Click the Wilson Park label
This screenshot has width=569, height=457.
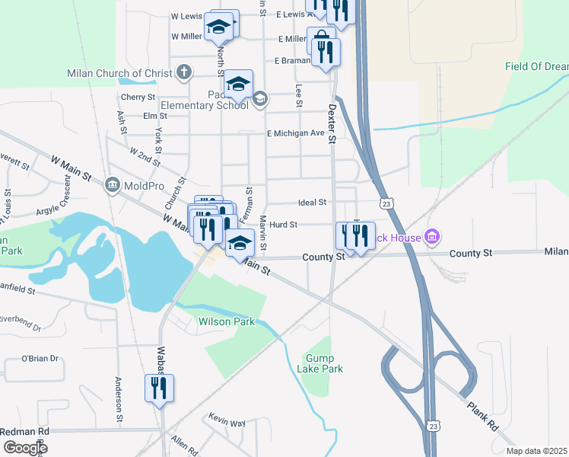(227, 321)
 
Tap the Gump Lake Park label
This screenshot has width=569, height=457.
(325, 363)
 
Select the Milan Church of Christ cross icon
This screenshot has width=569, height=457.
(183, 72)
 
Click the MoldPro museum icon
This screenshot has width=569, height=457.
(113, 185)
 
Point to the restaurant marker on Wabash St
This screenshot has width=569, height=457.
(160, 388)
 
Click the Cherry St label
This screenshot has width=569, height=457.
(138, 97)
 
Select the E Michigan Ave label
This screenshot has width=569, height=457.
(295, 133)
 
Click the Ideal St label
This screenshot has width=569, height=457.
(312, 203)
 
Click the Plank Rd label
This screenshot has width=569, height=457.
(482, 415)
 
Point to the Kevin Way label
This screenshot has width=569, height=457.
(227, 421)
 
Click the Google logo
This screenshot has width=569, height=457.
(26, 447)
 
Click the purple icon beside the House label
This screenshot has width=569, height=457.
(431, 237)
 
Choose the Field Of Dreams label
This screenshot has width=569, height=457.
(536, 67)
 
